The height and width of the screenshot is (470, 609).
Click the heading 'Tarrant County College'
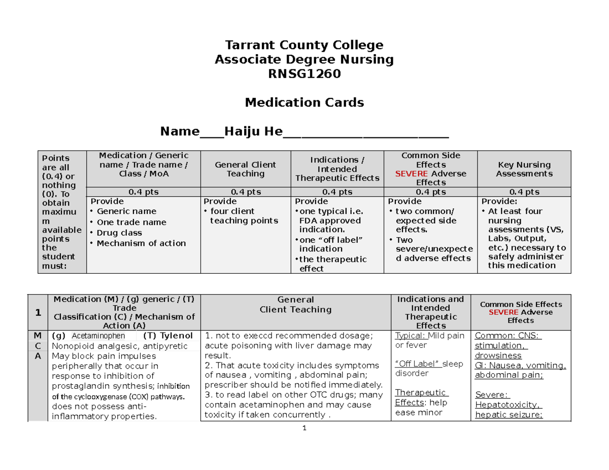pyautogui.click(x=304, y=45)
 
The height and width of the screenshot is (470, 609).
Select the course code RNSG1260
pyautogui.click(x=304, y=75)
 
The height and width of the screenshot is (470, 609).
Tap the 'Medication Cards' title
pyautogui.click(x=304, y=103)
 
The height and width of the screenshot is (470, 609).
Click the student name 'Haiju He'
pyautogui.click(x=253, y=132)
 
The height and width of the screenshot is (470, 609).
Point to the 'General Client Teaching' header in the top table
pyautogui.click(x=245, y=169)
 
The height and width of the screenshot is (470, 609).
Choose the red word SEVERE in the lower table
pyautogui.click(x=503, y=312)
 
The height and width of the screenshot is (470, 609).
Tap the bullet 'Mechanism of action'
pyautogui.click(x=141, y=243)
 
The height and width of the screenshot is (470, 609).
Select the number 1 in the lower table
pyautogui.click(x=38, y=312)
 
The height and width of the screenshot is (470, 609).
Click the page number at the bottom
pyautogui.click(x=304, y=428)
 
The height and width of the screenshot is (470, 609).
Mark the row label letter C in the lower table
pyautogui.click(x=38, y=346)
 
